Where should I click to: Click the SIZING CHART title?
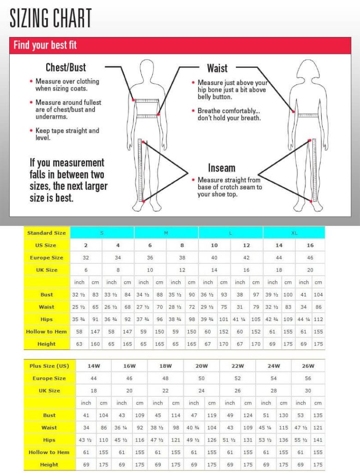(x=51, y=18)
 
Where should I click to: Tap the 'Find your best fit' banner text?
(x=45, y=45)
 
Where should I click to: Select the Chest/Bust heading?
(x=66, y=67)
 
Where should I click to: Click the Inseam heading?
(x=222, y=168)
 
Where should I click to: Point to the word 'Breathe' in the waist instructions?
(x=210, y=111)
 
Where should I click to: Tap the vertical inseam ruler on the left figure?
(x=141, y=171)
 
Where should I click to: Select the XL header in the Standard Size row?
(x=294, y=233)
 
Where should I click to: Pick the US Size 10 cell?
(x=214, y=245)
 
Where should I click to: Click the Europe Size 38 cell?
(x=182, y=258)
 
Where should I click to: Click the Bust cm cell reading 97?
(x=256, y=295)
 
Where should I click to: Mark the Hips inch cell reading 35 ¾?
(x=78, y=319)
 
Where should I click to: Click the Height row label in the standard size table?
(x=47, y=344)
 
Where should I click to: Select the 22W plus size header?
(x=238, y=366)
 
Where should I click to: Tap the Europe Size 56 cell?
(x=308, y=378)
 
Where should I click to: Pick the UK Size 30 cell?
(x=308, y=390)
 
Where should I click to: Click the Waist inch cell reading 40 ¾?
(x=194, y=428)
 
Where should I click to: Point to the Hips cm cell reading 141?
(x=318, y=440)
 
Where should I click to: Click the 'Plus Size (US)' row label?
(x=49, y=366)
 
